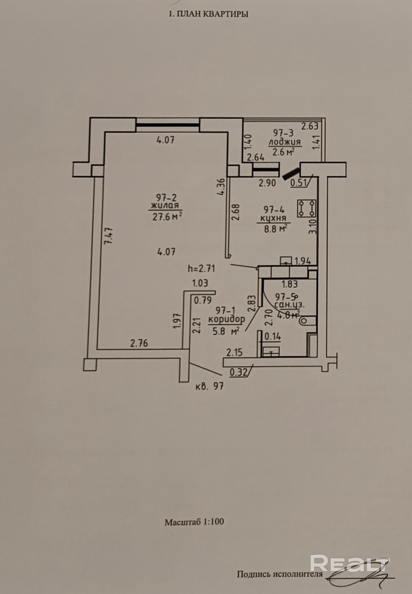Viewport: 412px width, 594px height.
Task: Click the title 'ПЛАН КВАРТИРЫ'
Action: click(212, 14)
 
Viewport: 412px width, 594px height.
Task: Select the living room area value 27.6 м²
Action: click(167, 217)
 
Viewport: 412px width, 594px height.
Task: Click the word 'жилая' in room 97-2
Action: click(165, 206)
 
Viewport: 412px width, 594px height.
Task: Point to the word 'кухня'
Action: click(273, 218)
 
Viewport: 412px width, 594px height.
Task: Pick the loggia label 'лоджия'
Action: click(285, 142)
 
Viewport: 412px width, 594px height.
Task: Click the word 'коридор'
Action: click(227, 320)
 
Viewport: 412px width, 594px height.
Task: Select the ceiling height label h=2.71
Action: click(201, 269)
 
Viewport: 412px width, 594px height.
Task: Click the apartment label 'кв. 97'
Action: click(209, 386)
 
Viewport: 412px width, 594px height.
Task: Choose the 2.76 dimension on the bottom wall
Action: click(139, 344)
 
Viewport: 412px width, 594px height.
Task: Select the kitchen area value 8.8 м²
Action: click(276, 228)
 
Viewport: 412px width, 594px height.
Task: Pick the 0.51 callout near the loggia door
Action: click(299, 183)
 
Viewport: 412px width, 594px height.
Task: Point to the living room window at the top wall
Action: click(168, 125)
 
